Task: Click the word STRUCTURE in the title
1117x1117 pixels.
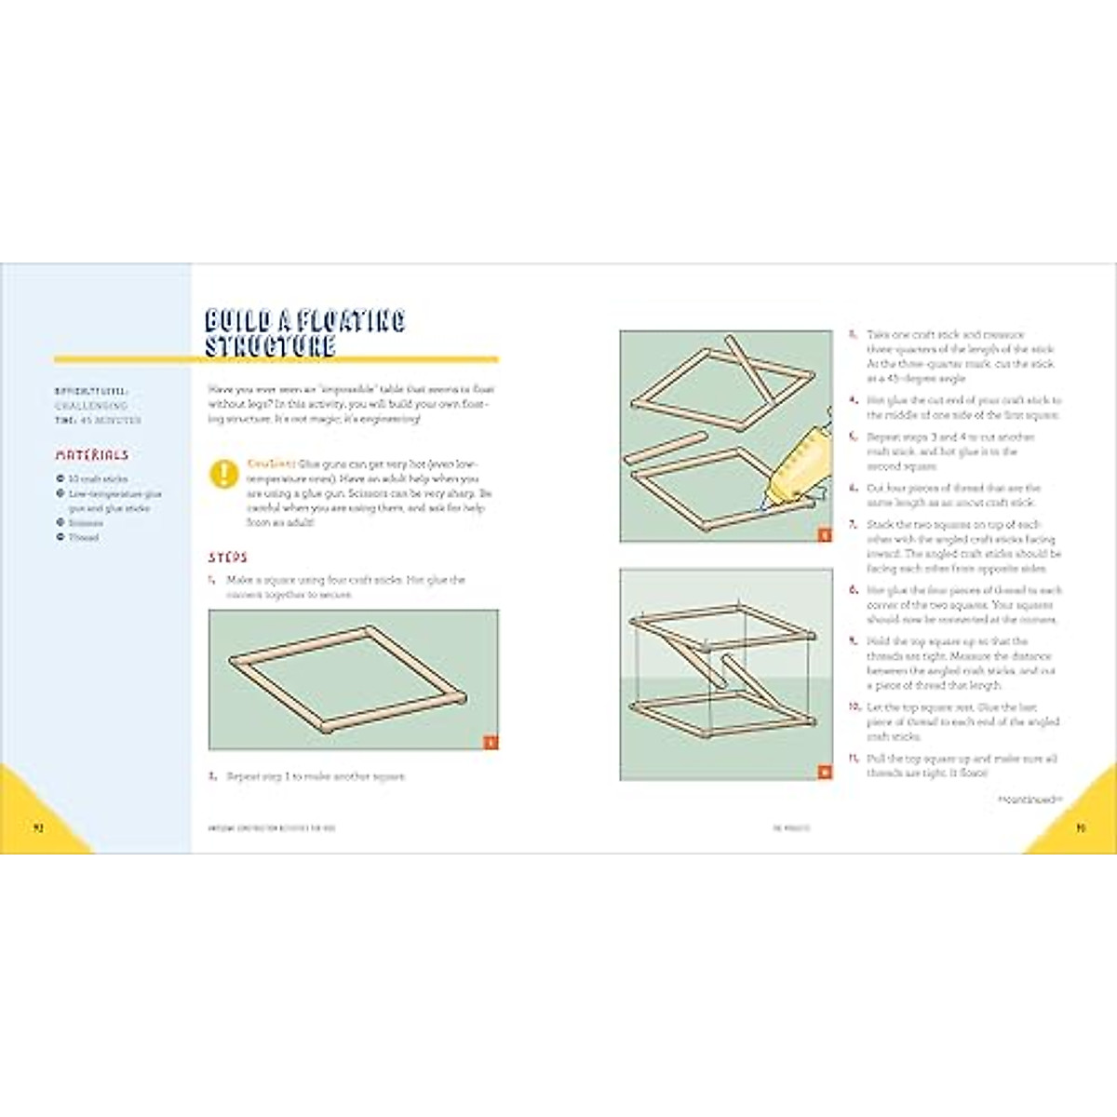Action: pyautogui.click(x=270, y=345)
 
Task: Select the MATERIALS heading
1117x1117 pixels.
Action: pyautogui.click(x=92, y=455)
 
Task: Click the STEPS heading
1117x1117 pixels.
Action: pyautogui.click(x=228, y=558)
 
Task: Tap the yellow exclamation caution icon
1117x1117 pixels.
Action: pyautogui.click(x=224, y=474)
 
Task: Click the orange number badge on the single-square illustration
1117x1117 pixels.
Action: pyautogui.click(x=491, y=742)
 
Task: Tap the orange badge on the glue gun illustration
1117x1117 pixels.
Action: pyautogui.click(x=824, y=534)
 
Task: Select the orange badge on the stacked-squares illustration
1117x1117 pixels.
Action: pyautogui.click(x=824, y=772)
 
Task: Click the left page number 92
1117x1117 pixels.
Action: pyautogui.click(x=38, y=827)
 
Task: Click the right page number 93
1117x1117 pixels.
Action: pyautogui.click(x=1080, y=827)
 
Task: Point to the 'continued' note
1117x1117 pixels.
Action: pyautogui.click(x=1029, y=799)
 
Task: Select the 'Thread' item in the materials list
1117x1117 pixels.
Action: pyautogui.click(x=83, y=538)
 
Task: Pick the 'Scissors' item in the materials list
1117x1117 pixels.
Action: pyautogui.click(x=86, y=523)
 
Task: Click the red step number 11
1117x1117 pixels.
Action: pyautogui.click(x=853, y=759)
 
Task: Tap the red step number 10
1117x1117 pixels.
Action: pyautogui.click(x=854, y=707)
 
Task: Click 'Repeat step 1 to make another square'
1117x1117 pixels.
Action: pyautogui.click(x=316, y=776)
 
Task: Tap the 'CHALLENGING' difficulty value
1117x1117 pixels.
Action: pyautogui.click(x=90, y=407)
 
